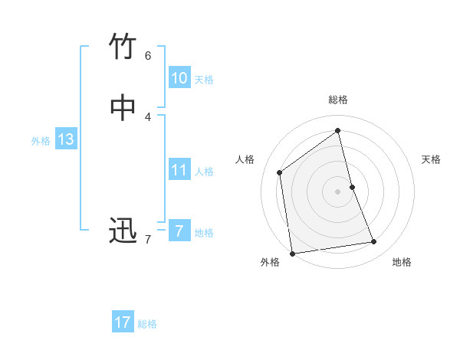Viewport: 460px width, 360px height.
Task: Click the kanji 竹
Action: pos(123,47)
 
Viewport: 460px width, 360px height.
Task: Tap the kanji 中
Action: pos(123,108)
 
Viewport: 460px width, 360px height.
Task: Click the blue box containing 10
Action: pos(179,78)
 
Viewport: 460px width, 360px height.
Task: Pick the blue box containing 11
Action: pos(179,170)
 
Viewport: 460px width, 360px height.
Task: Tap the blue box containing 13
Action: pos(65,139)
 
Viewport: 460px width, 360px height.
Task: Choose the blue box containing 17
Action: pos(123,322)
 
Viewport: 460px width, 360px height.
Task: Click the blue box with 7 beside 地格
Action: pos(179,231)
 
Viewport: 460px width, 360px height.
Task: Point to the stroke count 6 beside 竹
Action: pos(148,55)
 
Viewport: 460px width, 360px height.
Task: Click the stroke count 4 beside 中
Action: pos(148,116)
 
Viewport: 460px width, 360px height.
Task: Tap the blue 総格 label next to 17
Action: pos(147,324)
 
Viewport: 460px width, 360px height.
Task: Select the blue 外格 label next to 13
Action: pos(41,141)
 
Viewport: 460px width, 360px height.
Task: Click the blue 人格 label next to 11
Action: pos(204,172)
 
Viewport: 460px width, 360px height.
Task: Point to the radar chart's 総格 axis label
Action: pos(338,100)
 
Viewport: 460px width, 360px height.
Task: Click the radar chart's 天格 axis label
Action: pos(431,159)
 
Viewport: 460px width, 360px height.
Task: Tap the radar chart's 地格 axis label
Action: pos(402,262)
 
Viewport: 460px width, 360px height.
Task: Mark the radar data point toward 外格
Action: pos(291,253)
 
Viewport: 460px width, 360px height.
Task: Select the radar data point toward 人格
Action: pos(280,172)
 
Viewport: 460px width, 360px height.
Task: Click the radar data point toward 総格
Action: pos(338,131)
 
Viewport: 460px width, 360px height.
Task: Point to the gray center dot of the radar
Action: pos(338,191)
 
